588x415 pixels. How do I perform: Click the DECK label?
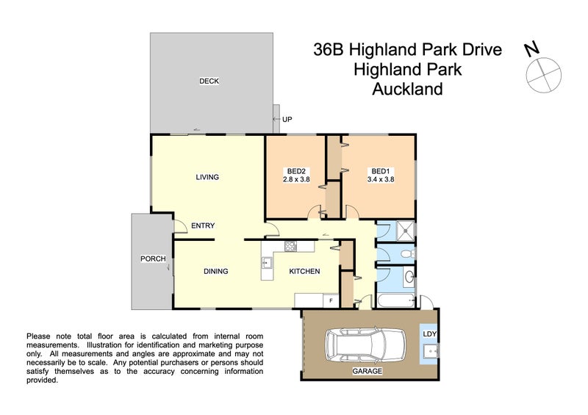209,81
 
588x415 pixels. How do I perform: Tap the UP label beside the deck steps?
287,119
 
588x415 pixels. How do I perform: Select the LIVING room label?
207,177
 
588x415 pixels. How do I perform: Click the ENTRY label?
203,225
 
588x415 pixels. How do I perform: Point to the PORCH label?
153,259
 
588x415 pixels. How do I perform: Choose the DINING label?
215,271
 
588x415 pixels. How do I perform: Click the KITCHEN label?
304,271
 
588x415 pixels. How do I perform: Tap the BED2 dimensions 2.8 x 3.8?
297,178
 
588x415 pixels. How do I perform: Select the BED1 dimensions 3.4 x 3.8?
381,178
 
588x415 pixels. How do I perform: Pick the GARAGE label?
367,372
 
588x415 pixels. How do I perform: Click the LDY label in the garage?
430,334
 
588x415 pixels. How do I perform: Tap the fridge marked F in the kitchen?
331,300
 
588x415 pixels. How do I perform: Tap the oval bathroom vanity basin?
409,278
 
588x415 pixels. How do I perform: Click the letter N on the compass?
531,50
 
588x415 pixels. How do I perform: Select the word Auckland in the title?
407,90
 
